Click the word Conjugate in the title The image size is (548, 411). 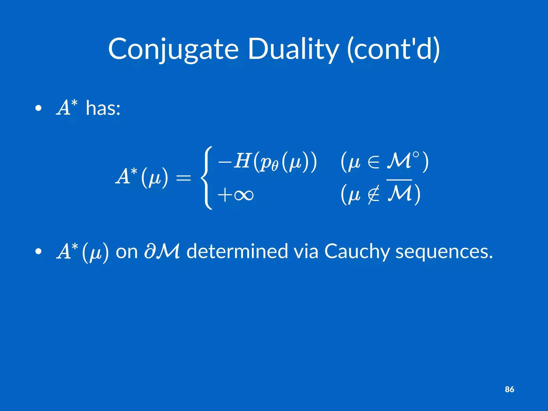[x=173, y=50]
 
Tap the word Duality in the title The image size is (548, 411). [x=293, y=50]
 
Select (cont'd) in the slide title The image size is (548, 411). [x=393, y=50]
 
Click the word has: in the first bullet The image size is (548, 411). [x=103, y=108]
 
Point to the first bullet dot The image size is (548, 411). [x=39, y=108]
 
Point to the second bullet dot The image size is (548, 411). [x=39, y=252]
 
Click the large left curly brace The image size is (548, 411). [x=207, y=178]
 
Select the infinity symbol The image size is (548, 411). [x=243, y=195]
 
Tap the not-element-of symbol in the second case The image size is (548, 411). [x=374, y=195]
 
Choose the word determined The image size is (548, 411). [x=237, y=251]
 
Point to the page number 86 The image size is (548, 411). [x=509, y=389]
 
